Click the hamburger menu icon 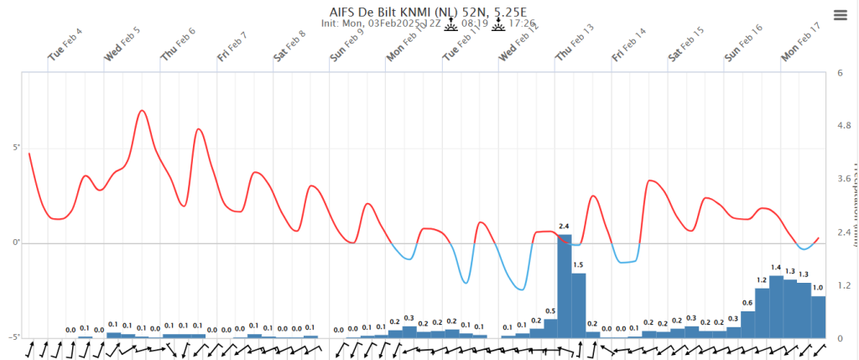[x=840, y=14]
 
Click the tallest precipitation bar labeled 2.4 [x=565, y=285]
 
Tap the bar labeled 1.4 [x=776, y=306]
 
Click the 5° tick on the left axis [x=15, y=149]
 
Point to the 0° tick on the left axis [x=15, y=243]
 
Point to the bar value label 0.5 [x=550, y=311]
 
